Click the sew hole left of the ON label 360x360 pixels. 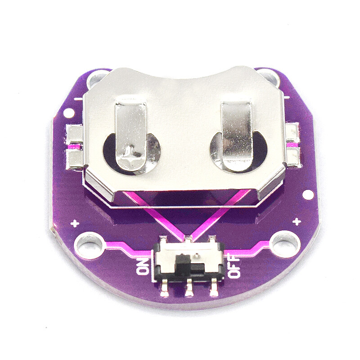91,243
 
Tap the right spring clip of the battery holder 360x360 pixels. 236,135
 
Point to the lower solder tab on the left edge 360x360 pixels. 74,158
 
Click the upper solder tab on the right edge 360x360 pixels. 292,131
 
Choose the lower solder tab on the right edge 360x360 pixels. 293,156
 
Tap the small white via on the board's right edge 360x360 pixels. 308,195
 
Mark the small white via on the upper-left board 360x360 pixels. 69,112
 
